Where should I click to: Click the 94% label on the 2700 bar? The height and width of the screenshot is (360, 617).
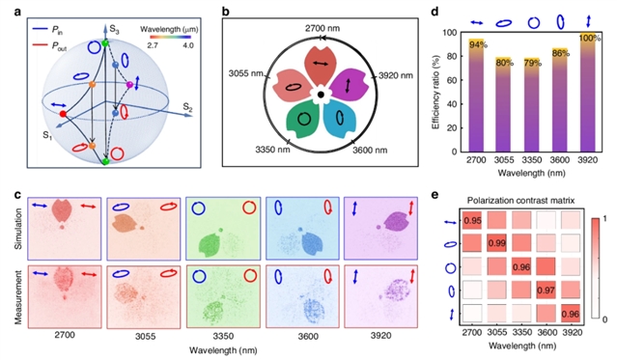478,44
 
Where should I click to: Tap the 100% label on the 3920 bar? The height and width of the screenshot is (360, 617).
590,39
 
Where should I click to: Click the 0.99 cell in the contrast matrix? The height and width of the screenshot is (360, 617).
496,244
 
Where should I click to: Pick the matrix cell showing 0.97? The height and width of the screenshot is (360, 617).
547,291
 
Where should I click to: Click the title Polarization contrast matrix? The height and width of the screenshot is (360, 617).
520,201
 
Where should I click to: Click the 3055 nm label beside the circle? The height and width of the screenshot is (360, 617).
245,73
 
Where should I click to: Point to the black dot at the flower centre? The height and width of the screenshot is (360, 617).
321,95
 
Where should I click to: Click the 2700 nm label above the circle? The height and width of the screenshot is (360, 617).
323,28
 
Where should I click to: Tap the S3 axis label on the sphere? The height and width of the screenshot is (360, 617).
114,30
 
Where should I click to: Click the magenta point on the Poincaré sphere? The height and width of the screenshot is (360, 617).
129,85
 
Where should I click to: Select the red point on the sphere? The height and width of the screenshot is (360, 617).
63,114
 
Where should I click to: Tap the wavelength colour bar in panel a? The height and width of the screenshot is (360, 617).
170,37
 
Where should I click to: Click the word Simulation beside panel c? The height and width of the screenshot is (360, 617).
18,229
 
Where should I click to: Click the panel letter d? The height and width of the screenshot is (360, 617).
435,12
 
